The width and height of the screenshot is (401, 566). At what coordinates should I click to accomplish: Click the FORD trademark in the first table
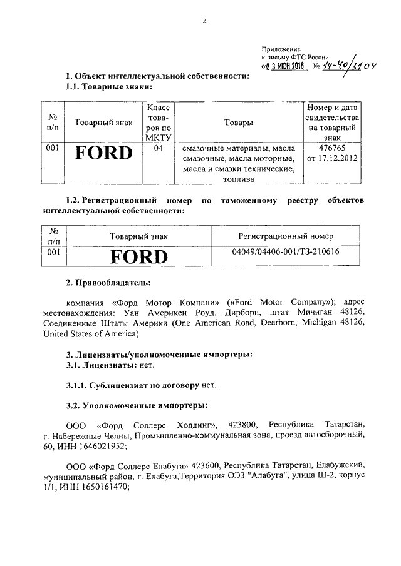104,154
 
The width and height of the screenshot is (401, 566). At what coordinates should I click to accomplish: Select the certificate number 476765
332,148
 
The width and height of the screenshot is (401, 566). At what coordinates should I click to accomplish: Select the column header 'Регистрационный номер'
286,236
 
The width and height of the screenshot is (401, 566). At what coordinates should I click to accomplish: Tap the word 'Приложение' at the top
281,49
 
